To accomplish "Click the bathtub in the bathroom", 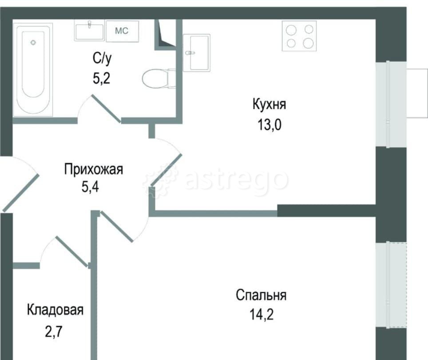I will pos(33,69).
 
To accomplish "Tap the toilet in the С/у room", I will pos(156,79).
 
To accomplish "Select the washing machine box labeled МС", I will pos(122,31).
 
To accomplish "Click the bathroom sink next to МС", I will pos(90,31).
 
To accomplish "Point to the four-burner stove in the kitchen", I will pos(299,36).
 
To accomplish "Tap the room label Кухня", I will pos(269,105).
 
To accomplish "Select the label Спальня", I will pos(261,295).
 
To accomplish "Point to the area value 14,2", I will pos(261,314).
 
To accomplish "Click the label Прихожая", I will pos(93,169).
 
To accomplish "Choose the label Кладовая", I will pos(55,310).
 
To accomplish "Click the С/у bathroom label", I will pos(100,58).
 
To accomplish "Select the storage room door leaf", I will pos(71,251).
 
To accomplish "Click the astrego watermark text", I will pos(235,180).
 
